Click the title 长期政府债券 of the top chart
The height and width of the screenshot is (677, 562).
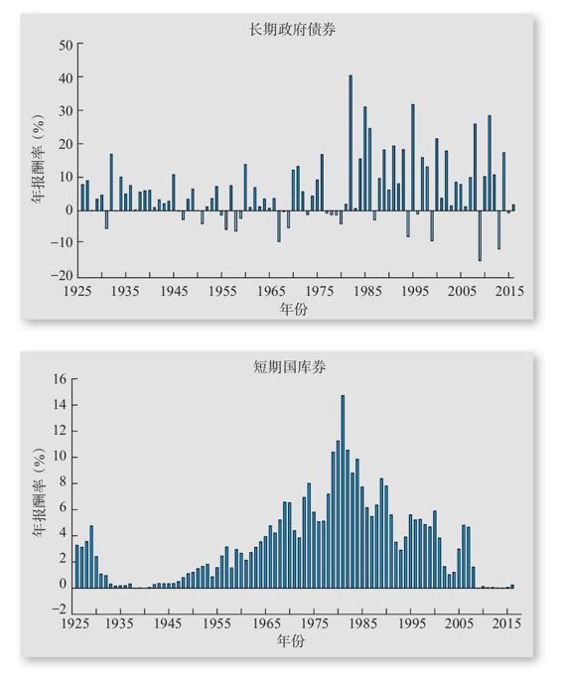coord(293,30)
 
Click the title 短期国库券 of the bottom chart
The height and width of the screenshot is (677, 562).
coord(289,366)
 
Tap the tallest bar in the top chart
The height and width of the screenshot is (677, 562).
coord(351,143)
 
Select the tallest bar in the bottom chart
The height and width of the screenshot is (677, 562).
coord(343,491)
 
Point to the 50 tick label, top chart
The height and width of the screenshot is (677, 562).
coord(67,45)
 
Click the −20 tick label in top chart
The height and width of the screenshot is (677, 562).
coord(62,275)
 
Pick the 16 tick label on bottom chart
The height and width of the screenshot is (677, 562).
coord(61,379)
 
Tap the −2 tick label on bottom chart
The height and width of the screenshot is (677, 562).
coord(60,609)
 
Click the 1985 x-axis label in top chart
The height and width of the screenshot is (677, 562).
coord(367,291)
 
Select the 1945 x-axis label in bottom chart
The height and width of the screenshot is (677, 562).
coord(168,623)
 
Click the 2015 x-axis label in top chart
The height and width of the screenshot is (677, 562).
coord(509,291)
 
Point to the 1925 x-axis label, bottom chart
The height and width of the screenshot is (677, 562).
coord(75,623)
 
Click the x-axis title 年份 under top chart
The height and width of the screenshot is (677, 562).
coord(293,309)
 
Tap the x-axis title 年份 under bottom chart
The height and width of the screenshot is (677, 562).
coord(291,641)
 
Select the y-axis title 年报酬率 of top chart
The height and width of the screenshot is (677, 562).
coord(38,159)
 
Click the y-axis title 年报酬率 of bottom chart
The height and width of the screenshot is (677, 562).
coord(39,491)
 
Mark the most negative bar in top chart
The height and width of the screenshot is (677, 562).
coord(480,235)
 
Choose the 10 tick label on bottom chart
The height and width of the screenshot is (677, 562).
coord(61,457)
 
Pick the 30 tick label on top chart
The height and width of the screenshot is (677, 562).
coord(67,110)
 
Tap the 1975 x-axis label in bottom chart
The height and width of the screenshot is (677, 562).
coord(315,623)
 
